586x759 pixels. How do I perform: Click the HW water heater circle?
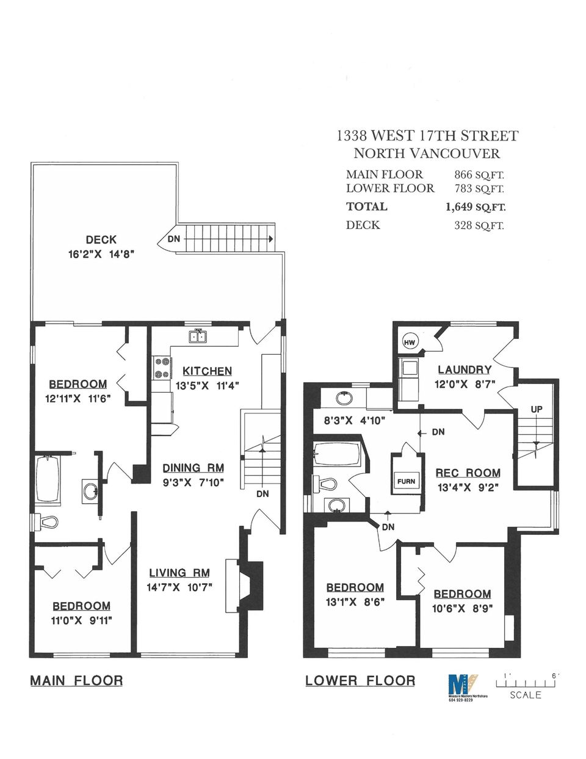click(410, 343)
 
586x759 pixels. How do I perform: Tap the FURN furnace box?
click(406, 481)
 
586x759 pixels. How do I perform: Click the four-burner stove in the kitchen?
click(162, 369)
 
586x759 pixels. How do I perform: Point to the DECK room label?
click(101, 240)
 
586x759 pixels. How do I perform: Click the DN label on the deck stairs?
click(174, 239)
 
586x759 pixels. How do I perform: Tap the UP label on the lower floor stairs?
click(536, 409)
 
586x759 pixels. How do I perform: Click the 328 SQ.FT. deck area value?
click(479, 225)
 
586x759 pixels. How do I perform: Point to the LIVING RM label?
click(179, 573)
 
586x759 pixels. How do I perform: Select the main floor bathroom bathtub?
click(47, 479)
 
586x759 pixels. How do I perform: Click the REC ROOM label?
click(468, 473)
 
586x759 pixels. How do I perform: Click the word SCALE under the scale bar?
click(526, 695)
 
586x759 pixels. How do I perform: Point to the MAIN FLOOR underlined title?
click(76, 680)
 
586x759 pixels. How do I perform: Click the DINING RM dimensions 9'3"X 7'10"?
click(194, 482)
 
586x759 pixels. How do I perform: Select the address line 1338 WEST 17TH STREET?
click(427, 136)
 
